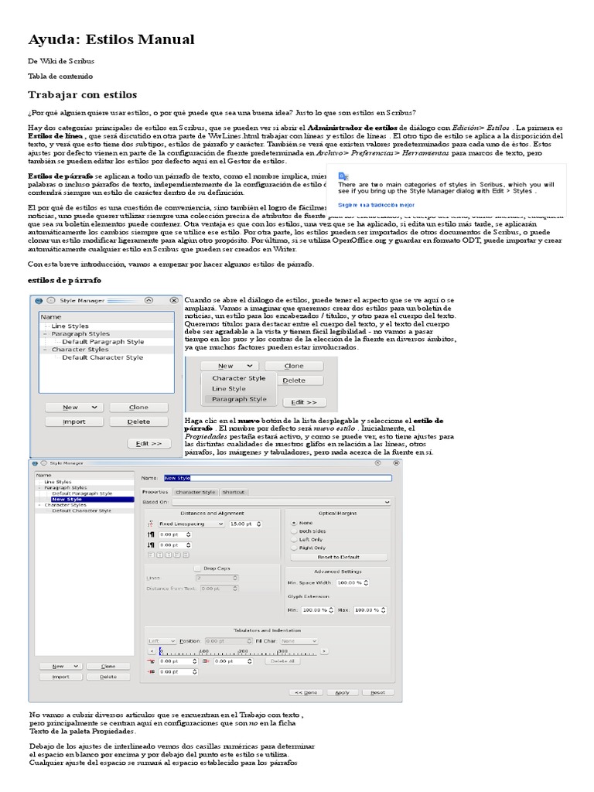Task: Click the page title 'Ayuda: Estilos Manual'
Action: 111,39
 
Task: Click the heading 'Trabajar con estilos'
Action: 82,94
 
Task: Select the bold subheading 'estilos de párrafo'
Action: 64,280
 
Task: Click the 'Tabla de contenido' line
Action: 60,76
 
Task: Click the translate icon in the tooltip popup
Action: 343,176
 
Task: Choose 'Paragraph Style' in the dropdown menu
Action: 238,399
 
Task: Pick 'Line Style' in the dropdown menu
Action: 228,388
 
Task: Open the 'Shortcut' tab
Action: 233,492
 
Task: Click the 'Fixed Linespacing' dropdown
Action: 190,524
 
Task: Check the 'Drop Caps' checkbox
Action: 198,568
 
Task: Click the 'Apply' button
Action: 342,692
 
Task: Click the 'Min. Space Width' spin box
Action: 352,582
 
